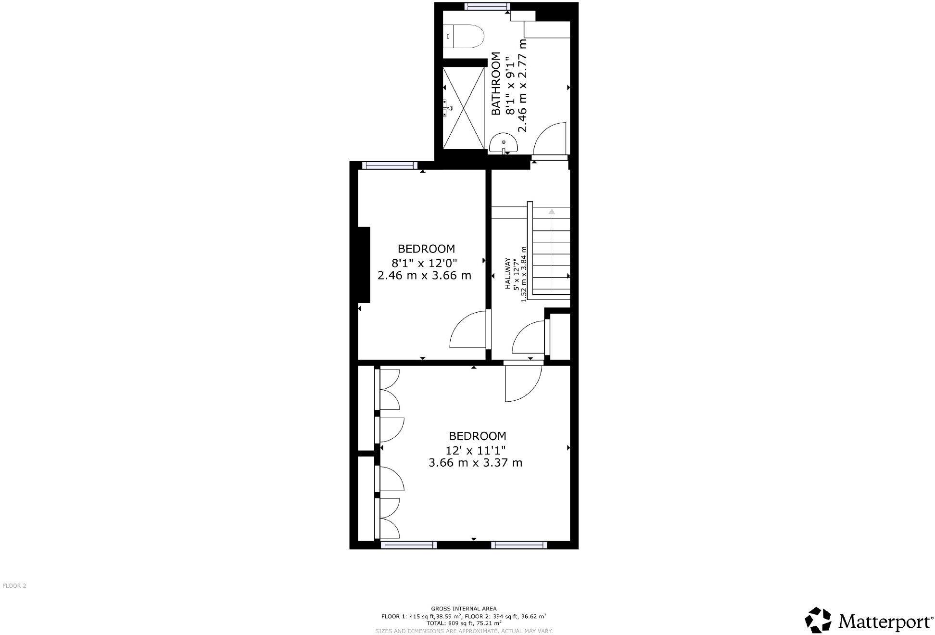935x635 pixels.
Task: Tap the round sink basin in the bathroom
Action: [x=504, y=143]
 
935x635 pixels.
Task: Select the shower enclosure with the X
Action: [x=463, y=108]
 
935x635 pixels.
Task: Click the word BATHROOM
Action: [x=496, y=84]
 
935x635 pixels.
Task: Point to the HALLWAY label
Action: [x=507, y=274]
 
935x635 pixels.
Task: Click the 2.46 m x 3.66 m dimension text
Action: [x=424, y=276]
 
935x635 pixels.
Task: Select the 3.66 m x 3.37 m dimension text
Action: [x=475, y=463]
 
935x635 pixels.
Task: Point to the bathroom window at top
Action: [x=487, y=6]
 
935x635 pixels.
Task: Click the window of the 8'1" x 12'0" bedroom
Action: [x=389, y=165]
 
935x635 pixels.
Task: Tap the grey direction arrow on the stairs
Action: [x=552, y=211]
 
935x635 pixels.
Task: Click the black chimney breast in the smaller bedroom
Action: [x=364, y=265]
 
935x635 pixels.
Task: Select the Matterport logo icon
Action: [x=819, y=620]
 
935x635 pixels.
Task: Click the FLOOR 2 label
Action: [x=14, y=586]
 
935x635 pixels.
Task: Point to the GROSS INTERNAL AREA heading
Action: [x=464, y=609]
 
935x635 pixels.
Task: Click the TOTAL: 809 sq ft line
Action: [x=464, y=622]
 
